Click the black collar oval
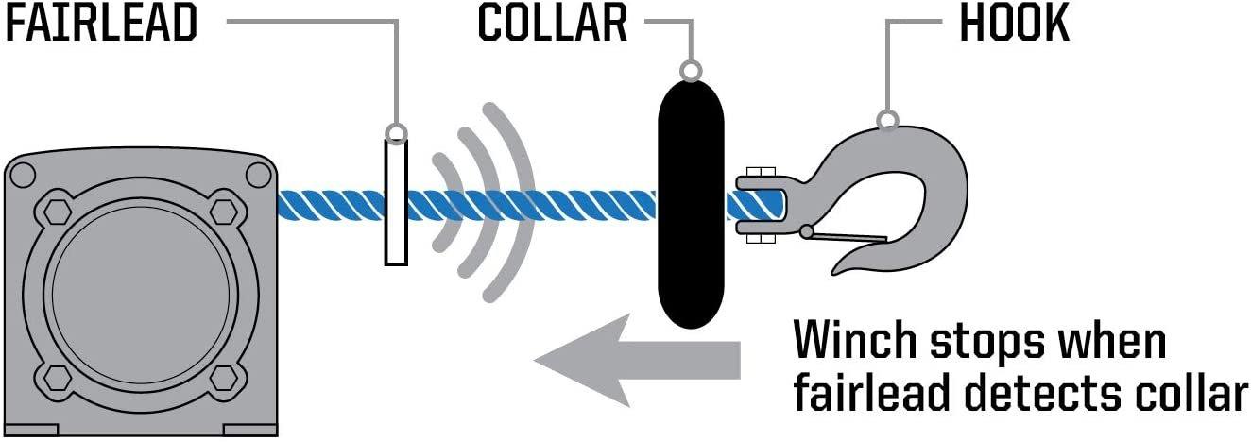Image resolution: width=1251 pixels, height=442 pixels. [x=691, y=204]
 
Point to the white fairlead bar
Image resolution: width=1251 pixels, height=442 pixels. [x=396, y=202]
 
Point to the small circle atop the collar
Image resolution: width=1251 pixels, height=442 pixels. [x=691, y=71]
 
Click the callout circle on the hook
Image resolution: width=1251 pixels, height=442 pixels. [x=886, y=120]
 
